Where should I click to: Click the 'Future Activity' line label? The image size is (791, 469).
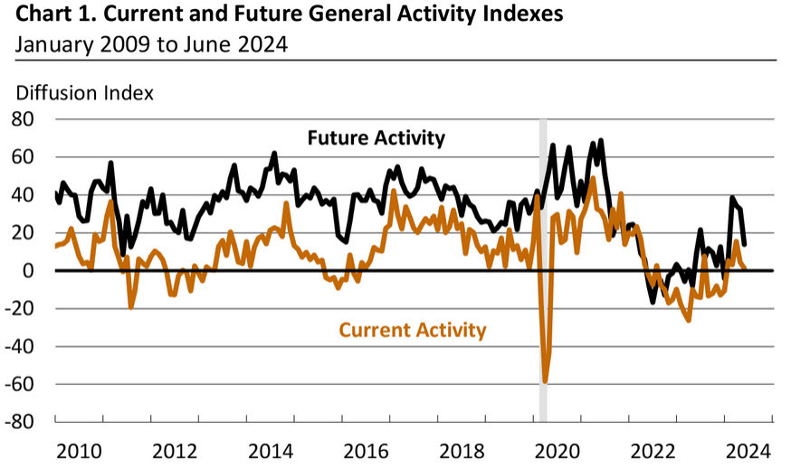pyautogui.click(x=376, y=138)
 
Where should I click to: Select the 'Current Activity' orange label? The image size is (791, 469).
pyautogui.click(x=413, y=330)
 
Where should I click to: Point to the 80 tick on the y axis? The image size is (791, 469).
pyautogui.click(x=23, y=119)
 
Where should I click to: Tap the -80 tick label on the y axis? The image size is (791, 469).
pyautogui.click(x=19, y=422)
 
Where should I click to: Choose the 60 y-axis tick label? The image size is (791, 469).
pyautogui.click(x=23, y=157)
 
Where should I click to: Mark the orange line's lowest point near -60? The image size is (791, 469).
pyautogui.click(x=545, y=381)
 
